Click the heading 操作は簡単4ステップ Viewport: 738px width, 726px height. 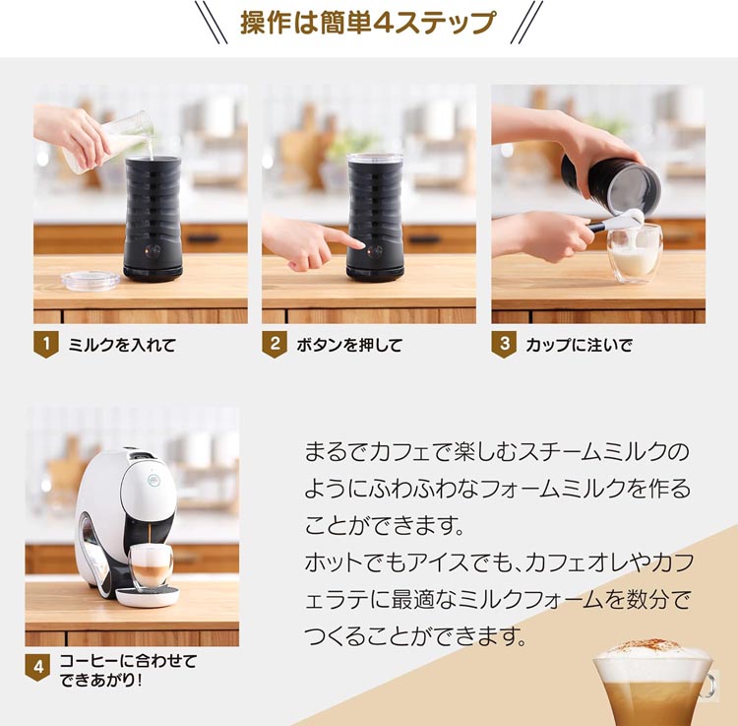[368, 23]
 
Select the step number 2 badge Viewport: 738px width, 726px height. [276, 346]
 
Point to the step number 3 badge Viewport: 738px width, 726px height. [504, 346]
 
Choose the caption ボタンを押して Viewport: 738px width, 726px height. [349, 346]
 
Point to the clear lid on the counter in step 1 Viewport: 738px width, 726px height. [90, 279]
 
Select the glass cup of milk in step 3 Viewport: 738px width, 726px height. [635, 253]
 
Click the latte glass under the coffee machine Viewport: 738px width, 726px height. [151, 566]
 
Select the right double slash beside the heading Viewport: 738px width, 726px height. [527, 22]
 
